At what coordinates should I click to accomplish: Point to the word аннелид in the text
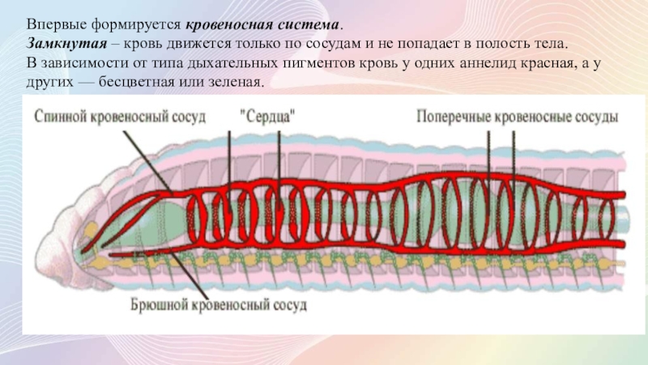468,64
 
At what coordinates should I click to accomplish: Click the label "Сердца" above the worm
266,117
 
